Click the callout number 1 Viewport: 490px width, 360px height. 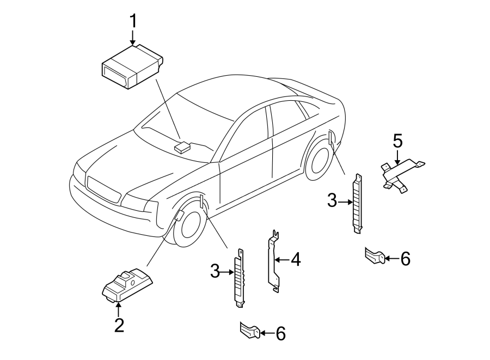click(x=133, y=22)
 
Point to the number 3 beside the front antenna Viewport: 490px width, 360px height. click(x=216, y=270)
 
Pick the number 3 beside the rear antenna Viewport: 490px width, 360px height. click(x=333, y=202)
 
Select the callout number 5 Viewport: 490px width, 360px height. click(x=397, y=142)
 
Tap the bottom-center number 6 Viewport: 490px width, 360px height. click(x=280, y=333)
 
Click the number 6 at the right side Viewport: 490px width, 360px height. click(x=405, y=259)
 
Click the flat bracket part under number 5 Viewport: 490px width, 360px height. click(x=402, y=173)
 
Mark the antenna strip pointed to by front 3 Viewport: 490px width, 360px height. click(x=239, y=278)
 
